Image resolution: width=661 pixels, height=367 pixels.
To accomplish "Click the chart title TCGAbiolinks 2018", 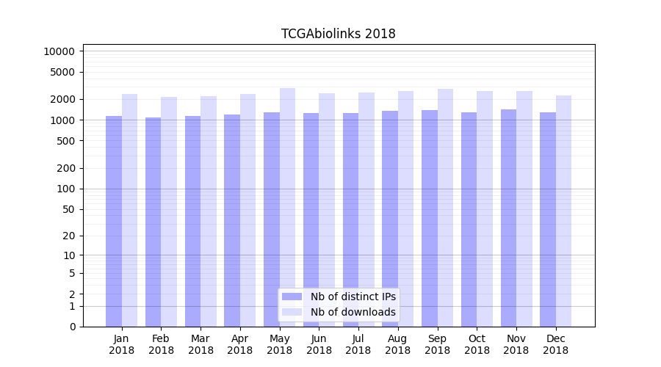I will (338, 34).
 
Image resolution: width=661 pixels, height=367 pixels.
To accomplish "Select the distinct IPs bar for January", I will (114, 220).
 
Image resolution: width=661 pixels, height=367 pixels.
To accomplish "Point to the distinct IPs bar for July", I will (350, 219).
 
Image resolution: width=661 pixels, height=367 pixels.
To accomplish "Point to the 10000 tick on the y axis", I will (59, 51).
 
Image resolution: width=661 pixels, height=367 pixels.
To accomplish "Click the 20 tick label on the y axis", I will (68, 236).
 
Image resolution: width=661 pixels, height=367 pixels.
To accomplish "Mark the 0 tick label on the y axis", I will (72, 327).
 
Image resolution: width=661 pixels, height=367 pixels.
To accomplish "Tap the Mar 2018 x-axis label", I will (201, 344).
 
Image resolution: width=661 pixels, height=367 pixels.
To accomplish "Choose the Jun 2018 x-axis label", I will (319, 344).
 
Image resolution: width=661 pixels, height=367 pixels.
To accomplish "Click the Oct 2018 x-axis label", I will (477, 344).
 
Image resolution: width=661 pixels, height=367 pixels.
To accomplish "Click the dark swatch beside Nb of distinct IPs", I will (292, 297).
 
